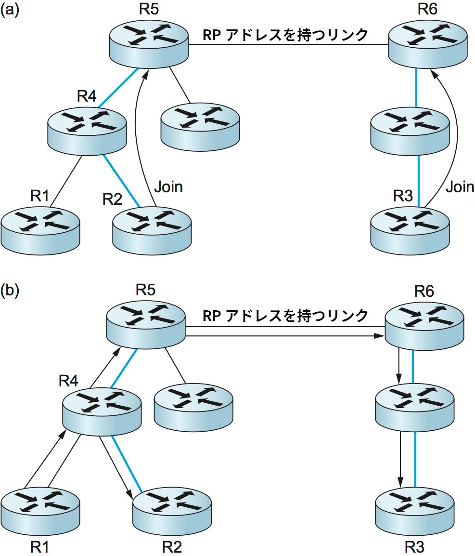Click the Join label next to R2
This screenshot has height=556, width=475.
[x=168, y=186]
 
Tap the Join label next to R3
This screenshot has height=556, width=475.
[x=460, y=186]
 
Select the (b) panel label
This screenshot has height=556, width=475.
[x=10, y=291]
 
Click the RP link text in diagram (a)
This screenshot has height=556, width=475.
[x=286, y=35]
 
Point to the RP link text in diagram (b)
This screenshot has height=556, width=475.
[x=286, y=316]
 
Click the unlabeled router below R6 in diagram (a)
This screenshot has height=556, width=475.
[x=410, y=130]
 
